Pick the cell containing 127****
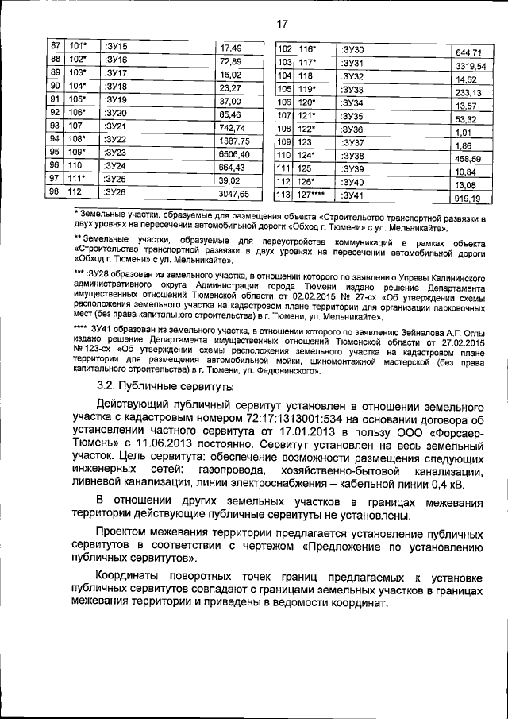[314, 195]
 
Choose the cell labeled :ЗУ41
[353, 195]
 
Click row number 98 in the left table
[55, 192]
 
